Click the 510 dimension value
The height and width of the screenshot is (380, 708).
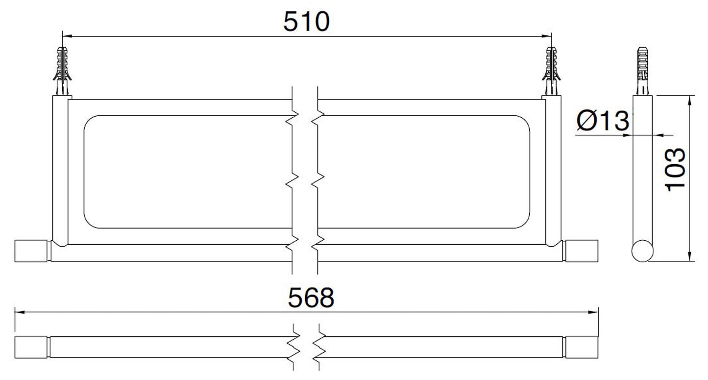(306, 22)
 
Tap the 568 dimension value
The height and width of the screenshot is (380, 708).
(311, 298)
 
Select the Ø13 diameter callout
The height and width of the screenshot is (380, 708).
(603, 121)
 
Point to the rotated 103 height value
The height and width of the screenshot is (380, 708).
(676, 170)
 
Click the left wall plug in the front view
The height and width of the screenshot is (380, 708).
(62, 71)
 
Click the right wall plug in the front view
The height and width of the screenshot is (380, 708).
(552, 71)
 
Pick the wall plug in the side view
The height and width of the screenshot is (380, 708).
(642, 71)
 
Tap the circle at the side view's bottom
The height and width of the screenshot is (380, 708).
(642, 251)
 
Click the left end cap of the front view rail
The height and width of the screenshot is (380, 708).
(31, 251)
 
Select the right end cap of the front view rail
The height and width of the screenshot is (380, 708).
(582, 251)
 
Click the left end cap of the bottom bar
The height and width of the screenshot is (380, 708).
(31, 347)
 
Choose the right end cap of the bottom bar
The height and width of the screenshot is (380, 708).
(582, 347)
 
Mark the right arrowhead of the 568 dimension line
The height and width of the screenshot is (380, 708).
(593, 312)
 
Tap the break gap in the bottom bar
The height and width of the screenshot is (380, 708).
(306, 347)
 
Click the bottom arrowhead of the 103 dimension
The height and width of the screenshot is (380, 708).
(690, 256)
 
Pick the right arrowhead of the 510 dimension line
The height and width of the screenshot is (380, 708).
(546, 36)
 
